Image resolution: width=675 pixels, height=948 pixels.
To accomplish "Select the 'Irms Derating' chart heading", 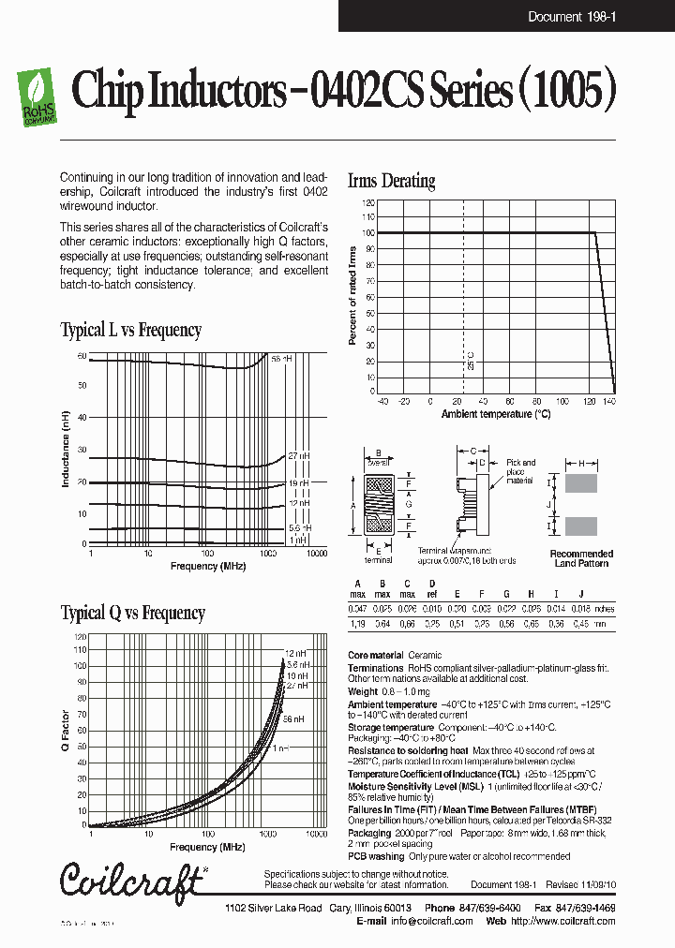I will point(391,181).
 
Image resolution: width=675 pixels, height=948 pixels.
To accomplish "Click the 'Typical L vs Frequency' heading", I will point(130,330).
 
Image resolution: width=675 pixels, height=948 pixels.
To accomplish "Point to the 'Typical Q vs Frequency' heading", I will point(132,613).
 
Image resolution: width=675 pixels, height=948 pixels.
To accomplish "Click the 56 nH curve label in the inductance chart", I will point(281,359).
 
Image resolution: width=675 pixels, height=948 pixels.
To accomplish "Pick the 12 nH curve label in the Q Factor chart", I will point(296,652).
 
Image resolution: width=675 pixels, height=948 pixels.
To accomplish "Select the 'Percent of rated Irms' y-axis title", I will point(353,295).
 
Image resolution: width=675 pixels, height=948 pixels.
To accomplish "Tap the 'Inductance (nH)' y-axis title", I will point(66,449).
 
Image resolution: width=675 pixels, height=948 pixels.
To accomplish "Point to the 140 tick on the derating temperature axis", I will point(609,401).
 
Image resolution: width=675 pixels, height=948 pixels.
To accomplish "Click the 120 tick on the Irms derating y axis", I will point(369,202).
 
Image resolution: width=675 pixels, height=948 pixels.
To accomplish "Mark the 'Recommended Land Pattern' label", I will point(581,558).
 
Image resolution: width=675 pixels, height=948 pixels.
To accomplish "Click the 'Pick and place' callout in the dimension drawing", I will point(520,467).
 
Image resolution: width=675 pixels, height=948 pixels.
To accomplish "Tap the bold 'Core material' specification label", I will point(375,656).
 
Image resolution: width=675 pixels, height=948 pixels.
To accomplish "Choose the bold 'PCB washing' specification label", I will point(375,856).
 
